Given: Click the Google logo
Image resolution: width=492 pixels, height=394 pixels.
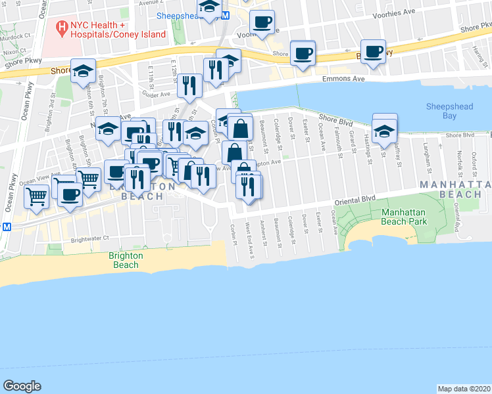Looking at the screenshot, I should (22, 386).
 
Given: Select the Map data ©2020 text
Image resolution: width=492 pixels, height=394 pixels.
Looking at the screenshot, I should (464, 389).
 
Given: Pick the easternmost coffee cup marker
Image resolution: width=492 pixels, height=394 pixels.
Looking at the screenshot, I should (374, 53).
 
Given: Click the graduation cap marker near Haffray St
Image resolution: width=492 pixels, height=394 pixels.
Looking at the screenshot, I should (385, 131).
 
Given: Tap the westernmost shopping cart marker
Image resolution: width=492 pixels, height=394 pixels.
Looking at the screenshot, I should (37, 195).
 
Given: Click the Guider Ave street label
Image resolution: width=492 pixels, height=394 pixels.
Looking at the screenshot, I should (157, 95).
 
